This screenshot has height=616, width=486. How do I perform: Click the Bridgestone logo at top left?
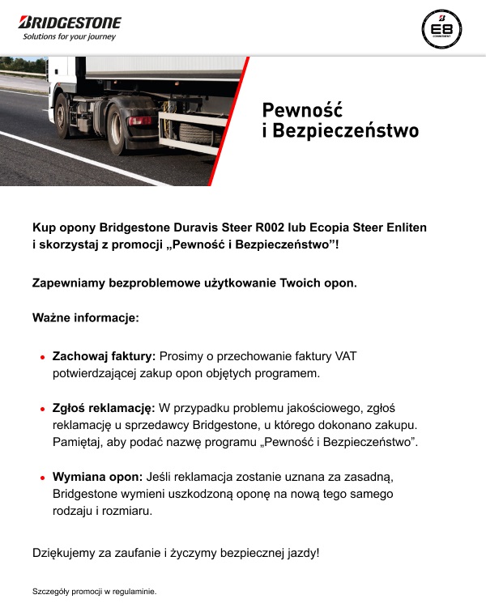(70, 22)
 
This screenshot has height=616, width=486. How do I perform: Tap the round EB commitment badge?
(441, 29)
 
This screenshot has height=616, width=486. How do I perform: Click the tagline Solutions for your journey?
(69, 37)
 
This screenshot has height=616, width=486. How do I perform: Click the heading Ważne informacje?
(86, 318)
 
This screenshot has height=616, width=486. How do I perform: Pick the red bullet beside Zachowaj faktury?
(41, 356)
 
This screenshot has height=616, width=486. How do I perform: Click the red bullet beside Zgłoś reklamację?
(41, 410)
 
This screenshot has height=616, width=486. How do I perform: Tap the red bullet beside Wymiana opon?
(41, 478)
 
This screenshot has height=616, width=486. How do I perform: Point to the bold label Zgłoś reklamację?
(104, 409)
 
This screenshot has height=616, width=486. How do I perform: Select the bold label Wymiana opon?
(98, 477)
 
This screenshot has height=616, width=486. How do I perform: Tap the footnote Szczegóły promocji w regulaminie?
(94, 592)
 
